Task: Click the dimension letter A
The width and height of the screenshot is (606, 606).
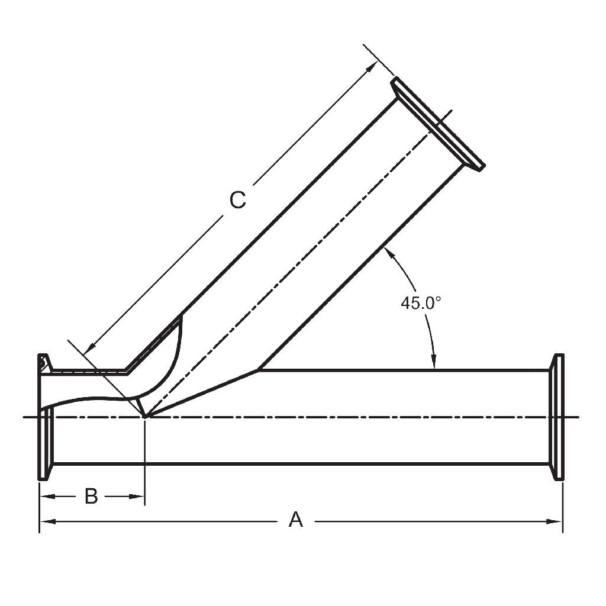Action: point(295,520)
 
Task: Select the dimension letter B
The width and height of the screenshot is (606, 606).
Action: point(91,496)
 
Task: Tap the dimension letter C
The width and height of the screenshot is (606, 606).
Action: point(237,201)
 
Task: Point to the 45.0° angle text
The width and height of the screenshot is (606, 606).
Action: point(421,303)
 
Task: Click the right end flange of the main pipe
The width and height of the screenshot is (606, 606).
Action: point(556,417)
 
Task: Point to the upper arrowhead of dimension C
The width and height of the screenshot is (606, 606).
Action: point(372,66)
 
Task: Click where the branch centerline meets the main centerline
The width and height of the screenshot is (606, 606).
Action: point(145,417)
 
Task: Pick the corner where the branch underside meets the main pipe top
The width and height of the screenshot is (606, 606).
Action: point(258,370)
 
